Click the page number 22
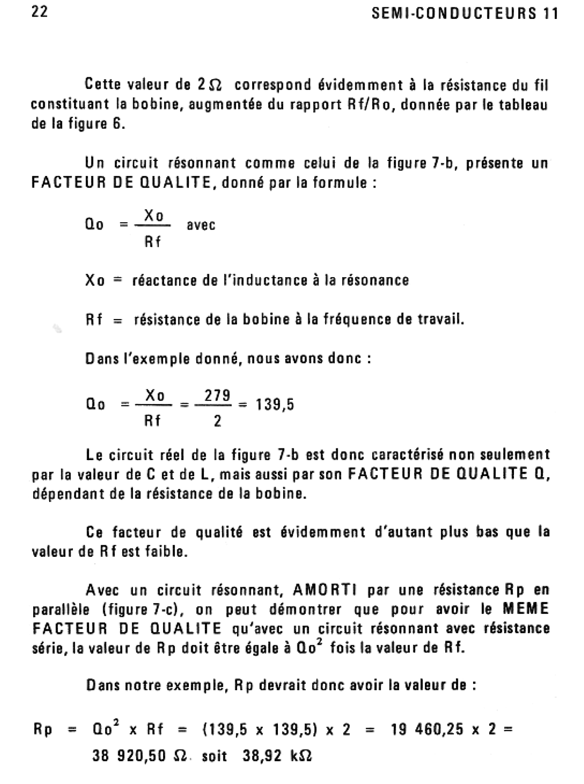click(x=39, y=12)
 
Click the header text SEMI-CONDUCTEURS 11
click(x=465, y=14)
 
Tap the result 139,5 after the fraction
click(x=275, y=405)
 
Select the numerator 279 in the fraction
click(x=218, y=396)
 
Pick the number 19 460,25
click(x=426, y=730)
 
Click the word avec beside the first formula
click(x=201, y=225)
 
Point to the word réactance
click(x=162, y=281)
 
